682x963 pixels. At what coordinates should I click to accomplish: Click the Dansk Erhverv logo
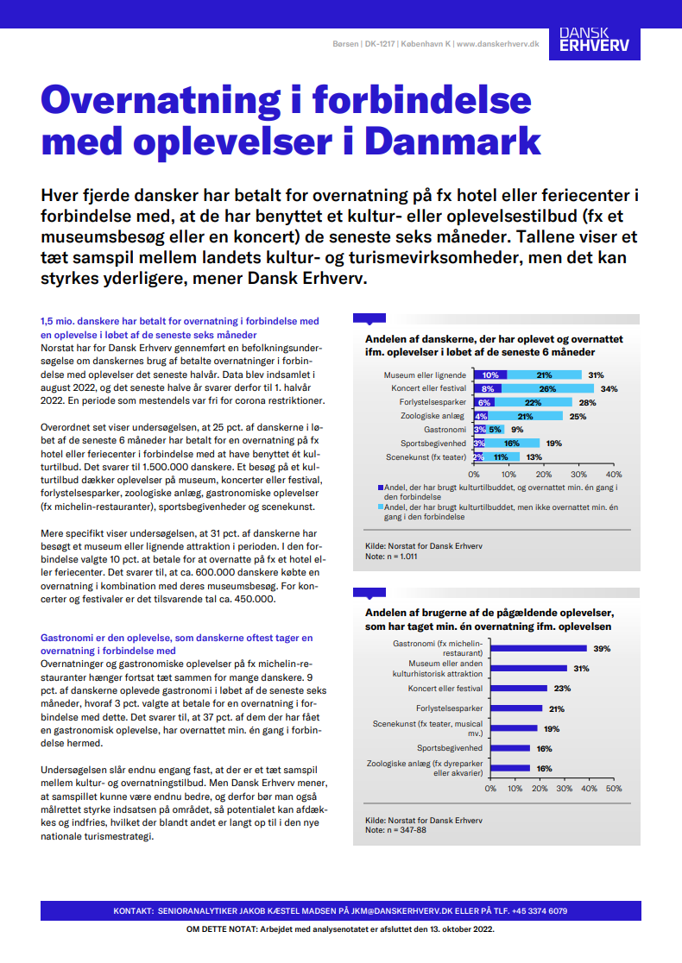(593, 39)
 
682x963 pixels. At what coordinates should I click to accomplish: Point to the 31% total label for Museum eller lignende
(596, 375)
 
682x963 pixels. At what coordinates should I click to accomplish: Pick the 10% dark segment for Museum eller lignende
(490, 375)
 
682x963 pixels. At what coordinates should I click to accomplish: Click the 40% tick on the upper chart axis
(614, 474)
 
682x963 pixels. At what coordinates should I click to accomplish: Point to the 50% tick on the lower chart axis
(613, 788)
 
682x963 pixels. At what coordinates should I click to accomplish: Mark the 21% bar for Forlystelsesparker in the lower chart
(516, 708)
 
